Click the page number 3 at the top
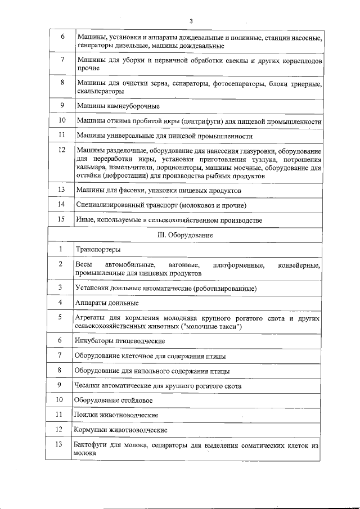[191, 21]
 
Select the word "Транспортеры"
[97, 250]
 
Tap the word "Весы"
[83, 264]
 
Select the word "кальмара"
[92, 168]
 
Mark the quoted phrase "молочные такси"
[213, 326]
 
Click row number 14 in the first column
[62, 204]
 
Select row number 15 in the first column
[62, 219]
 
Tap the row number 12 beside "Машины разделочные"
[62, 150]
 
